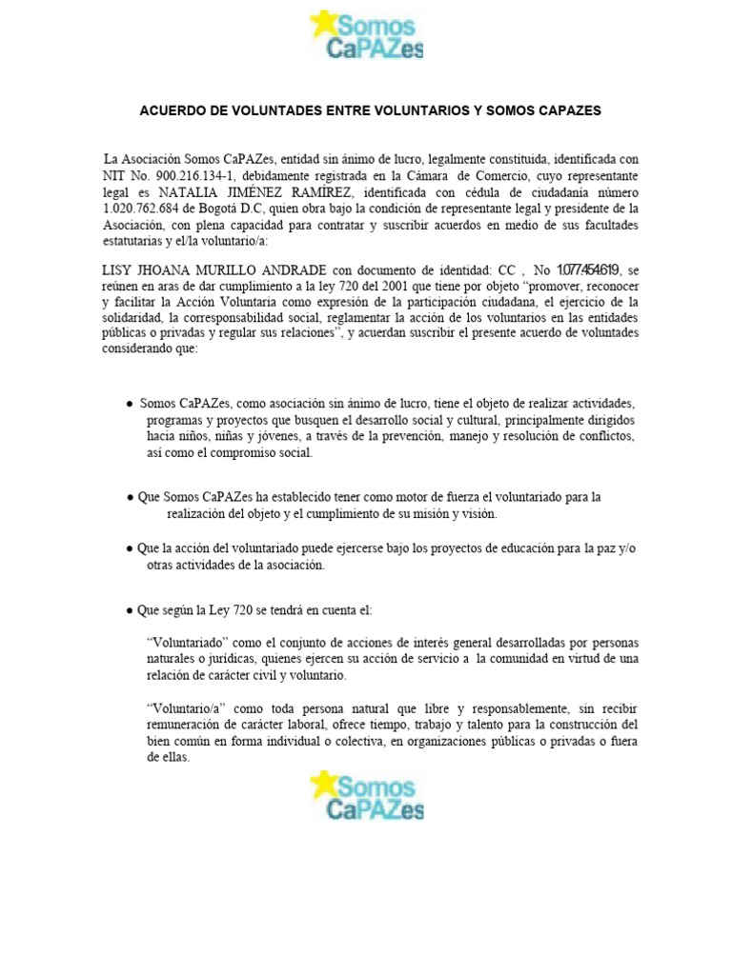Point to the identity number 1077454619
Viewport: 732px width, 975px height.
click(x=588, y=270)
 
